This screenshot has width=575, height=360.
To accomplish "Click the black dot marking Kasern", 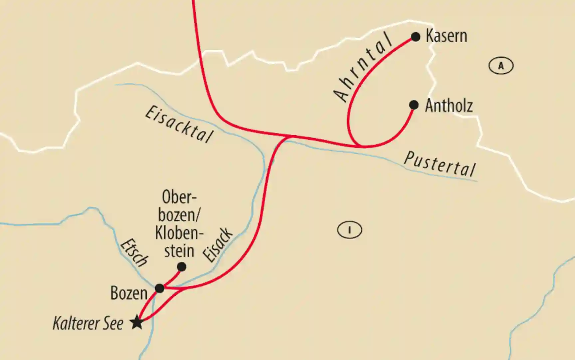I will [416, 37].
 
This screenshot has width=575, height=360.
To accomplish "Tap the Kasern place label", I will [446, 36].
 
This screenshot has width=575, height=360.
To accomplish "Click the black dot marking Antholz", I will [414, 105].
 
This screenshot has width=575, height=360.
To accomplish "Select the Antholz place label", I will [449, 106].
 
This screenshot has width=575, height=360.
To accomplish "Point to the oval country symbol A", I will [501, 66].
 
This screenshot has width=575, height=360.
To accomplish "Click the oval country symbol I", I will [349, 230].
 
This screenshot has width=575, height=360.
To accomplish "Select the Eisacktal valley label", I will [179, 125].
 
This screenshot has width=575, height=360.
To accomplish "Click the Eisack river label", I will [218, 245].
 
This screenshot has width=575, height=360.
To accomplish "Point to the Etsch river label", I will [134, 253].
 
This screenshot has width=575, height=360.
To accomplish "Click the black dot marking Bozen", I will [160, 288].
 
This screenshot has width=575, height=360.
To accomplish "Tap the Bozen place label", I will [129, 293].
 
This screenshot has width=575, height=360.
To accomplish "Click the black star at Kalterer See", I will [137, 322].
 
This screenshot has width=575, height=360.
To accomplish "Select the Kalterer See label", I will [88, 323].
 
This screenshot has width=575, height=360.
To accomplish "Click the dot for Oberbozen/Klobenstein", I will [181, 267].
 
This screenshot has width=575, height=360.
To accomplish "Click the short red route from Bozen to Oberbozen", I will [172, 278].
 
